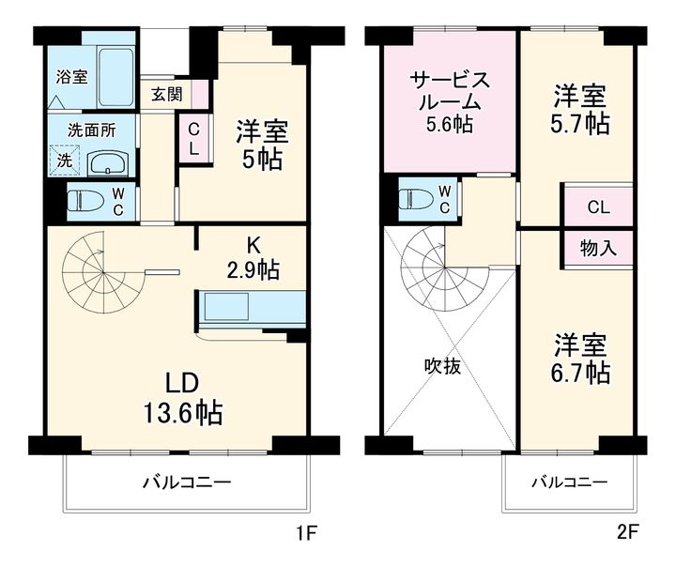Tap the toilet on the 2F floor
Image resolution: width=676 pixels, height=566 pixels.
pos(417,199)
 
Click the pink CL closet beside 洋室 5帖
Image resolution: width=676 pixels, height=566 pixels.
pos(192,138)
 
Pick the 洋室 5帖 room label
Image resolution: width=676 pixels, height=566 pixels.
pos(261,144)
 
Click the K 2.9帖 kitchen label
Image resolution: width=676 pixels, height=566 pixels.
pos(253,258)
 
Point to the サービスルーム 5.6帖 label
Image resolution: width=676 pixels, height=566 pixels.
pos(449,100)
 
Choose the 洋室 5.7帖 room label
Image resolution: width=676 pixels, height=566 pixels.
pos(579,110)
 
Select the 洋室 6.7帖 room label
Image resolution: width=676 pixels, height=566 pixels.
pos(579,358)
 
